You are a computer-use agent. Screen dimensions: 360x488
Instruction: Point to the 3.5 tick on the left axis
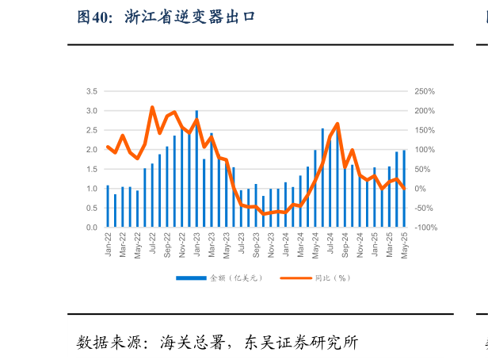pos(91,91)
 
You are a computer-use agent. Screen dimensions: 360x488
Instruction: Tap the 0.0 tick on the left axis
pos(91,228)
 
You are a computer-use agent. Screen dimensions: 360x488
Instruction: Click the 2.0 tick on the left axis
pos(91,150)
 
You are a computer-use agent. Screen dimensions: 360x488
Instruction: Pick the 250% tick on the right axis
pos(425,91)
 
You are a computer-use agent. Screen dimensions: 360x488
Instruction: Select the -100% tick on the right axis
pos(425,228)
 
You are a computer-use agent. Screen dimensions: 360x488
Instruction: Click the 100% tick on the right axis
pos(425,150)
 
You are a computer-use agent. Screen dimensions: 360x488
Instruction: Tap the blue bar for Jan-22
pos(108,206)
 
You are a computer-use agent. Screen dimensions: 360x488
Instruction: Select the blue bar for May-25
pos(404,189)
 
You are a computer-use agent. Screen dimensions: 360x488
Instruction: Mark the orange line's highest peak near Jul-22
pos(152,107)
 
